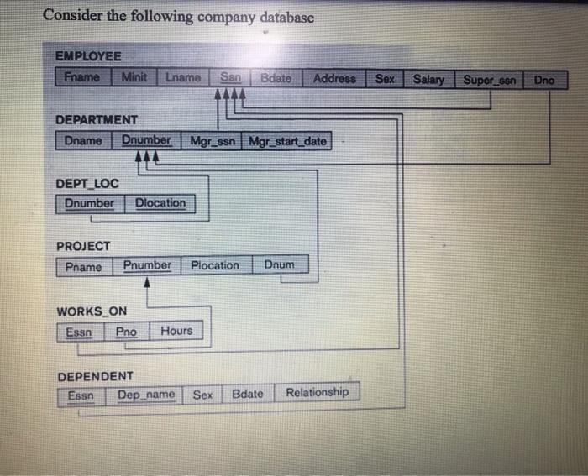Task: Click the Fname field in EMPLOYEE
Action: click(x=81, y=77)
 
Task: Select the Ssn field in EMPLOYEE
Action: click(x=231, y=77)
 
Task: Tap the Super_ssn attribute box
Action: click(x=489, y=80)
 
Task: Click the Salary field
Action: click(x=428, y=79)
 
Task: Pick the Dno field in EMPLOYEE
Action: click(x=544, y=81)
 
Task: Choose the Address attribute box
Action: click(x=334, y=78)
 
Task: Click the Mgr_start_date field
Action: click(x=288, y=141)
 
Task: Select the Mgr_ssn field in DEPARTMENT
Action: click(x=214, y=141)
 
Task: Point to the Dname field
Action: click(x=82, y=141)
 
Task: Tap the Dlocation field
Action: click(x=160, y=203)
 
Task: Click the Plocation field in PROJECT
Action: click(x=215, y=265)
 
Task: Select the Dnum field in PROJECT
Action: click(x=280, y=264)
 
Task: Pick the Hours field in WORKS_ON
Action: click(x=176, y=331)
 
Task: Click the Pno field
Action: click(x=127, y=332)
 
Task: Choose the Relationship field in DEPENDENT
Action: click(x=317, y=392)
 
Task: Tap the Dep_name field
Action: click(x=146, y=395)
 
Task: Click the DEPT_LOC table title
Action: click(x=87, y=183)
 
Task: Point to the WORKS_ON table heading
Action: click(x=92, y=311)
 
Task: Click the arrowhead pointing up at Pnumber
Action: click(x=148, y=282)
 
